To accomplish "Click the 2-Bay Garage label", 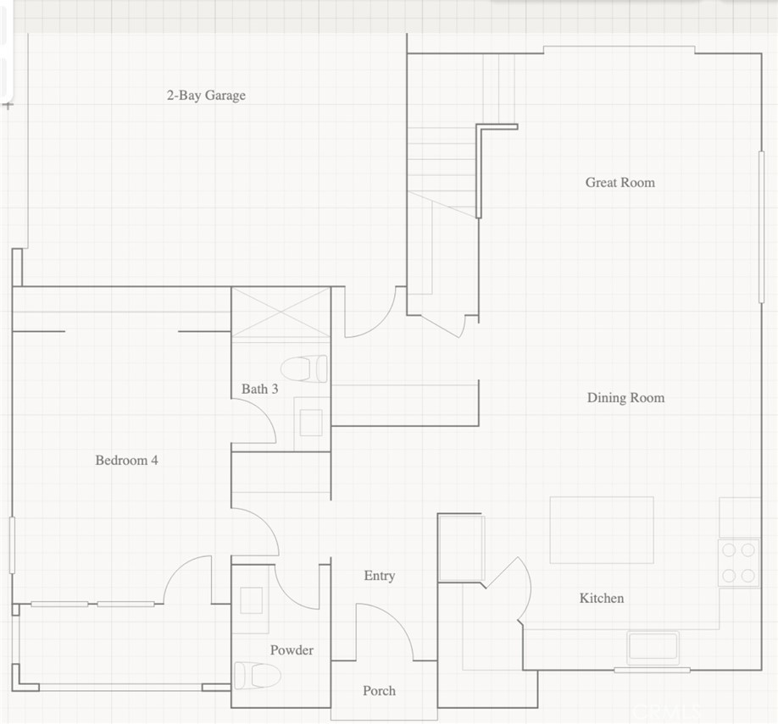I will (205, 96).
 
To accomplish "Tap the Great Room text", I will (620, 182).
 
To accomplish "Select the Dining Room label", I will (625, 398).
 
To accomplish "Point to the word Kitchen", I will (601, 599).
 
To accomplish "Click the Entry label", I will (379, 576).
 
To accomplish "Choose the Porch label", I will (379, 691).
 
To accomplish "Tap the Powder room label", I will (292, 650).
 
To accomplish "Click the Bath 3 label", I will (259, 390).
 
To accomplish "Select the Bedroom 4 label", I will (126, 461).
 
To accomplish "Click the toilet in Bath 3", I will (304, 368).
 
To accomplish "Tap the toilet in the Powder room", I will (257, 676).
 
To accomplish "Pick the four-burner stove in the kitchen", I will (738, 563).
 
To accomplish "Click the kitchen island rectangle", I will (601, 530).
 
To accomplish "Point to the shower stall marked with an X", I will (281, 314).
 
